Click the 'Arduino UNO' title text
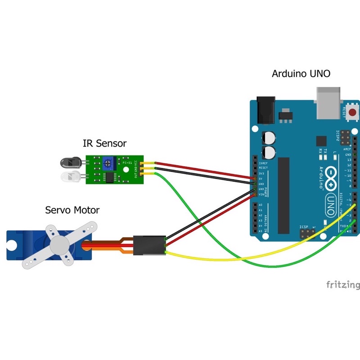(301, 73)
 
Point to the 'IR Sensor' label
(104, 144)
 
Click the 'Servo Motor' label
(72, 210)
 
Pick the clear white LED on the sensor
(70, 175)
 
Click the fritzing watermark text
(343, 285)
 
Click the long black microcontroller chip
(283, 196)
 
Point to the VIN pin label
(261, 194)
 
